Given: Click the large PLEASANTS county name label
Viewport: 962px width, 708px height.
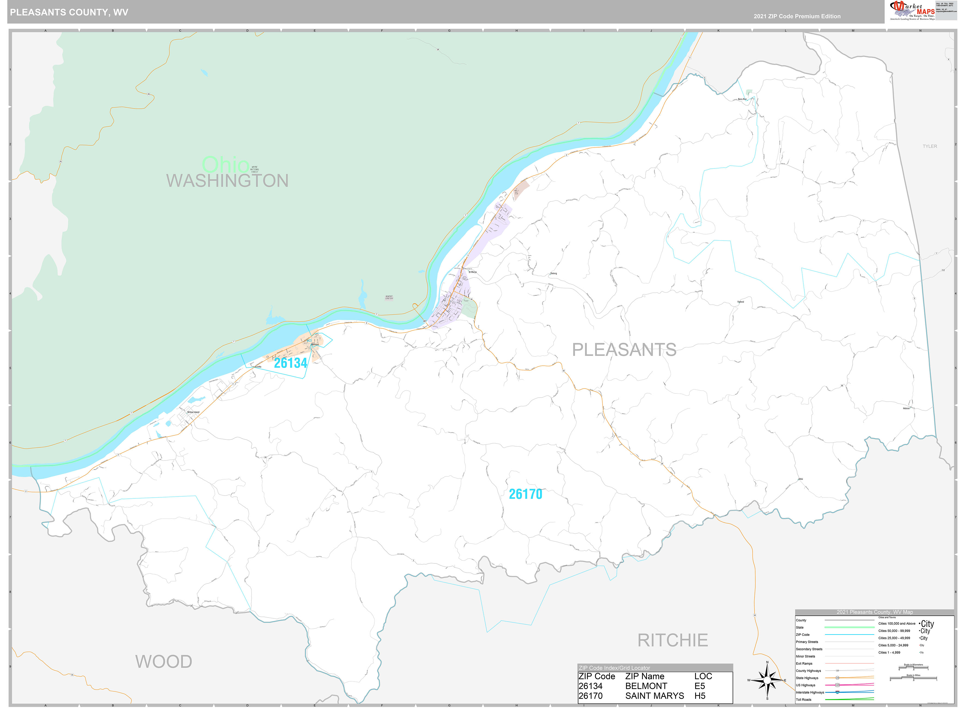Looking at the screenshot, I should pos(624,350).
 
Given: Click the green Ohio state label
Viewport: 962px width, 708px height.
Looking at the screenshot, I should pos(225,164).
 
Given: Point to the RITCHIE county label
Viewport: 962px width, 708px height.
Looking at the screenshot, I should pos(672,640).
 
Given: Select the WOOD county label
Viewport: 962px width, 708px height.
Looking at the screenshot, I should pos(164,661).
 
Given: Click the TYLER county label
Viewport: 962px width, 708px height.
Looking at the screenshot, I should pos(929,147).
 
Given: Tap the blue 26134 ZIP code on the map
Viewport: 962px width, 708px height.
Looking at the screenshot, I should pos(291,363).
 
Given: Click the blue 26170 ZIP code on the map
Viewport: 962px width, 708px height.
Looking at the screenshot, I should pos(525,494).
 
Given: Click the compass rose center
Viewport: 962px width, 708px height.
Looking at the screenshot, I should pos(767,680).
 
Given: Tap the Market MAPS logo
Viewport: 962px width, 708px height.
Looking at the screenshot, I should pos(912,10).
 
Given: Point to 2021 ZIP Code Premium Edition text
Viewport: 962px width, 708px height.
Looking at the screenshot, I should pos(797,16).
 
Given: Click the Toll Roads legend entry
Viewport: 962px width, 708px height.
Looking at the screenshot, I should pos(804,700).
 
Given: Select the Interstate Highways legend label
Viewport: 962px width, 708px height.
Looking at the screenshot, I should pos(810,692).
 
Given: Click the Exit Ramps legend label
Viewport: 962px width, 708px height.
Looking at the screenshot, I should pos(804,663).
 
